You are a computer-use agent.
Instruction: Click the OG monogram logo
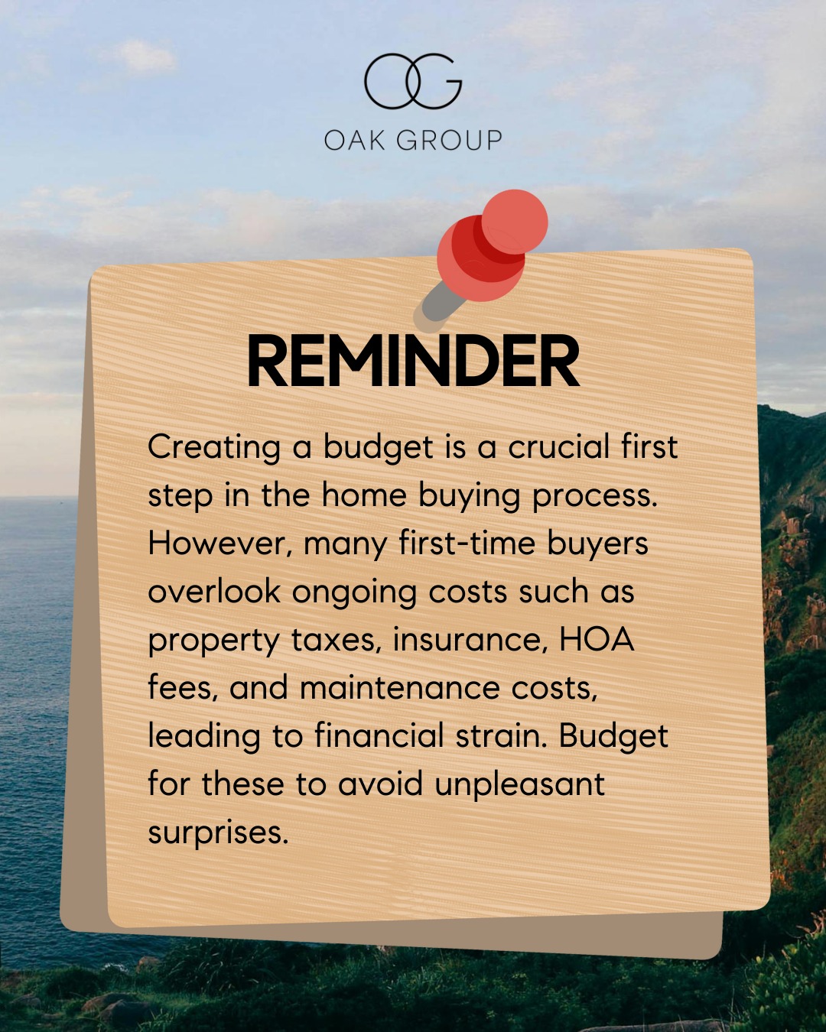pyautogui.click(x=413, y=80)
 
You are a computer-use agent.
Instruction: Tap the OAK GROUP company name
pyautogui.click(x=413, y=140)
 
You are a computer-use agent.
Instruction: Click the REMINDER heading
pyautogui.click(x=413, y=362)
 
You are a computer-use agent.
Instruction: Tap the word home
pyautogui.click(x=364, y=495)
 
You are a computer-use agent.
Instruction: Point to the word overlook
pyautogui.click(x=214, y=592)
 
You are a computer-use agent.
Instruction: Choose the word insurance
pyautogui.click(x=470, y=640)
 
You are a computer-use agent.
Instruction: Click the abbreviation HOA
pyautogui.click(x=597, y=639)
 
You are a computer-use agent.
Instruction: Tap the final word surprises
pyautogui.click(x=218, y=833)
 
